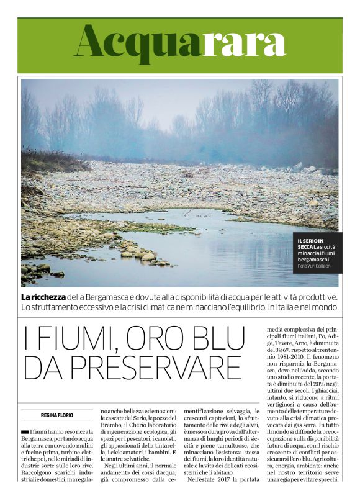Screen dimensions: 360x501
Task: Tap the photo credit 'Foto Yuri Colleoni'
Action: (x=314, y=266)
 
